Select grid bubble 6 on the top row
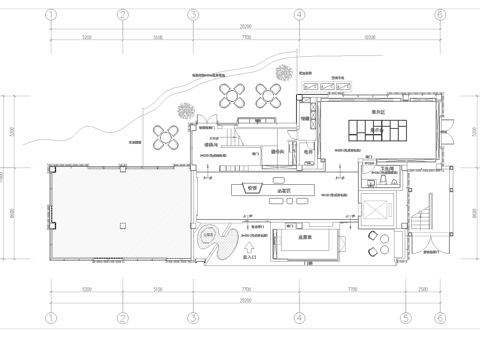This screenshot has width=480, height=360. click(x=438, y=15)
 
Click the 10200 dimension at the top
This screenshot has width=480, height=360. click(x=369, y=37)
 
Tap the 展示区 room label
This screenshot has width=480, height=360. click(x=378, y=113)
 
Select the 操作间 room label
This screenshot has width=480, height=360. click(x=279, y=152)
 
